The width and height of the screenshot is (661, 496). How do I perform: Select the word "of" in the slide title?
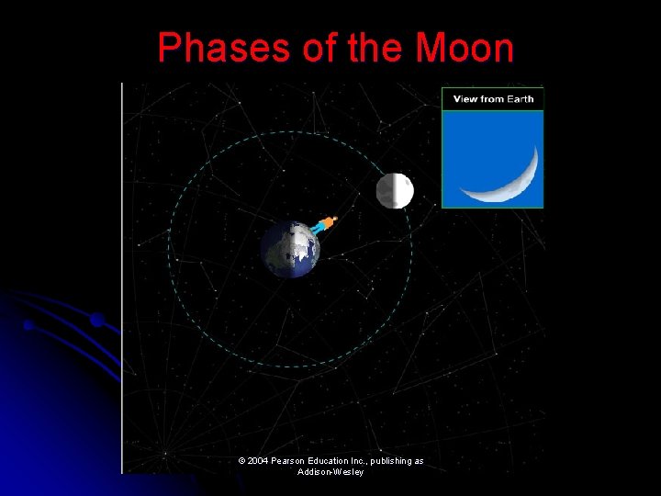[318, 48]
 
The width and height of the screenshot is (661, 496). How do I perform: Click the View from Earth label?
[493, 99]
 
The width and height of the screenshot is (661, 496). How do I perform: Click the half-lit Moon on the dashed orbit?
[395, 191]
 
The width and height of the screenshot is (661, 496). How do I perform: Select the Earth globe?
[289, 249]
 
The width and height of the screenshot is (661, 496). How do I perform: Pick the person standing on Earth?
[324, 223]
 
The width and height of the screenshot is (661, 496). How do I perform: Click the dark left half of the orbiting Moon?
[386, 191]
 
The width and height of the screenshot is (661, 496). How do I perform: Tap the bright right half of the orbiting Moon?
[404, 191]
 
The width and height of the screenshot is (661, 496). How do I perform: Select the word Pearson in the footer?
[289, 461]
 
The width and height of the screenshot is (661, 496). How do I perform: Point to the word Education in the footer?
[334, 461]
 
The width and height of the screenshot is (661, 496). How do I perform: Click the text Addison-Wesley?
[330, 472]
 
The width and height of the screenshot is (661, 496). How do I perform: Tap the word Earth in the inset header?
[521, 99]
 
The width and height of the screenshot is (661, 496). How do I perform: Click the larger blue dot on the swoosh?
[96, 321]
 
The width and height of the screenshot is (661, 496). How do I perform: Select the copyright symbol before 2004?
[241, 461]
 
